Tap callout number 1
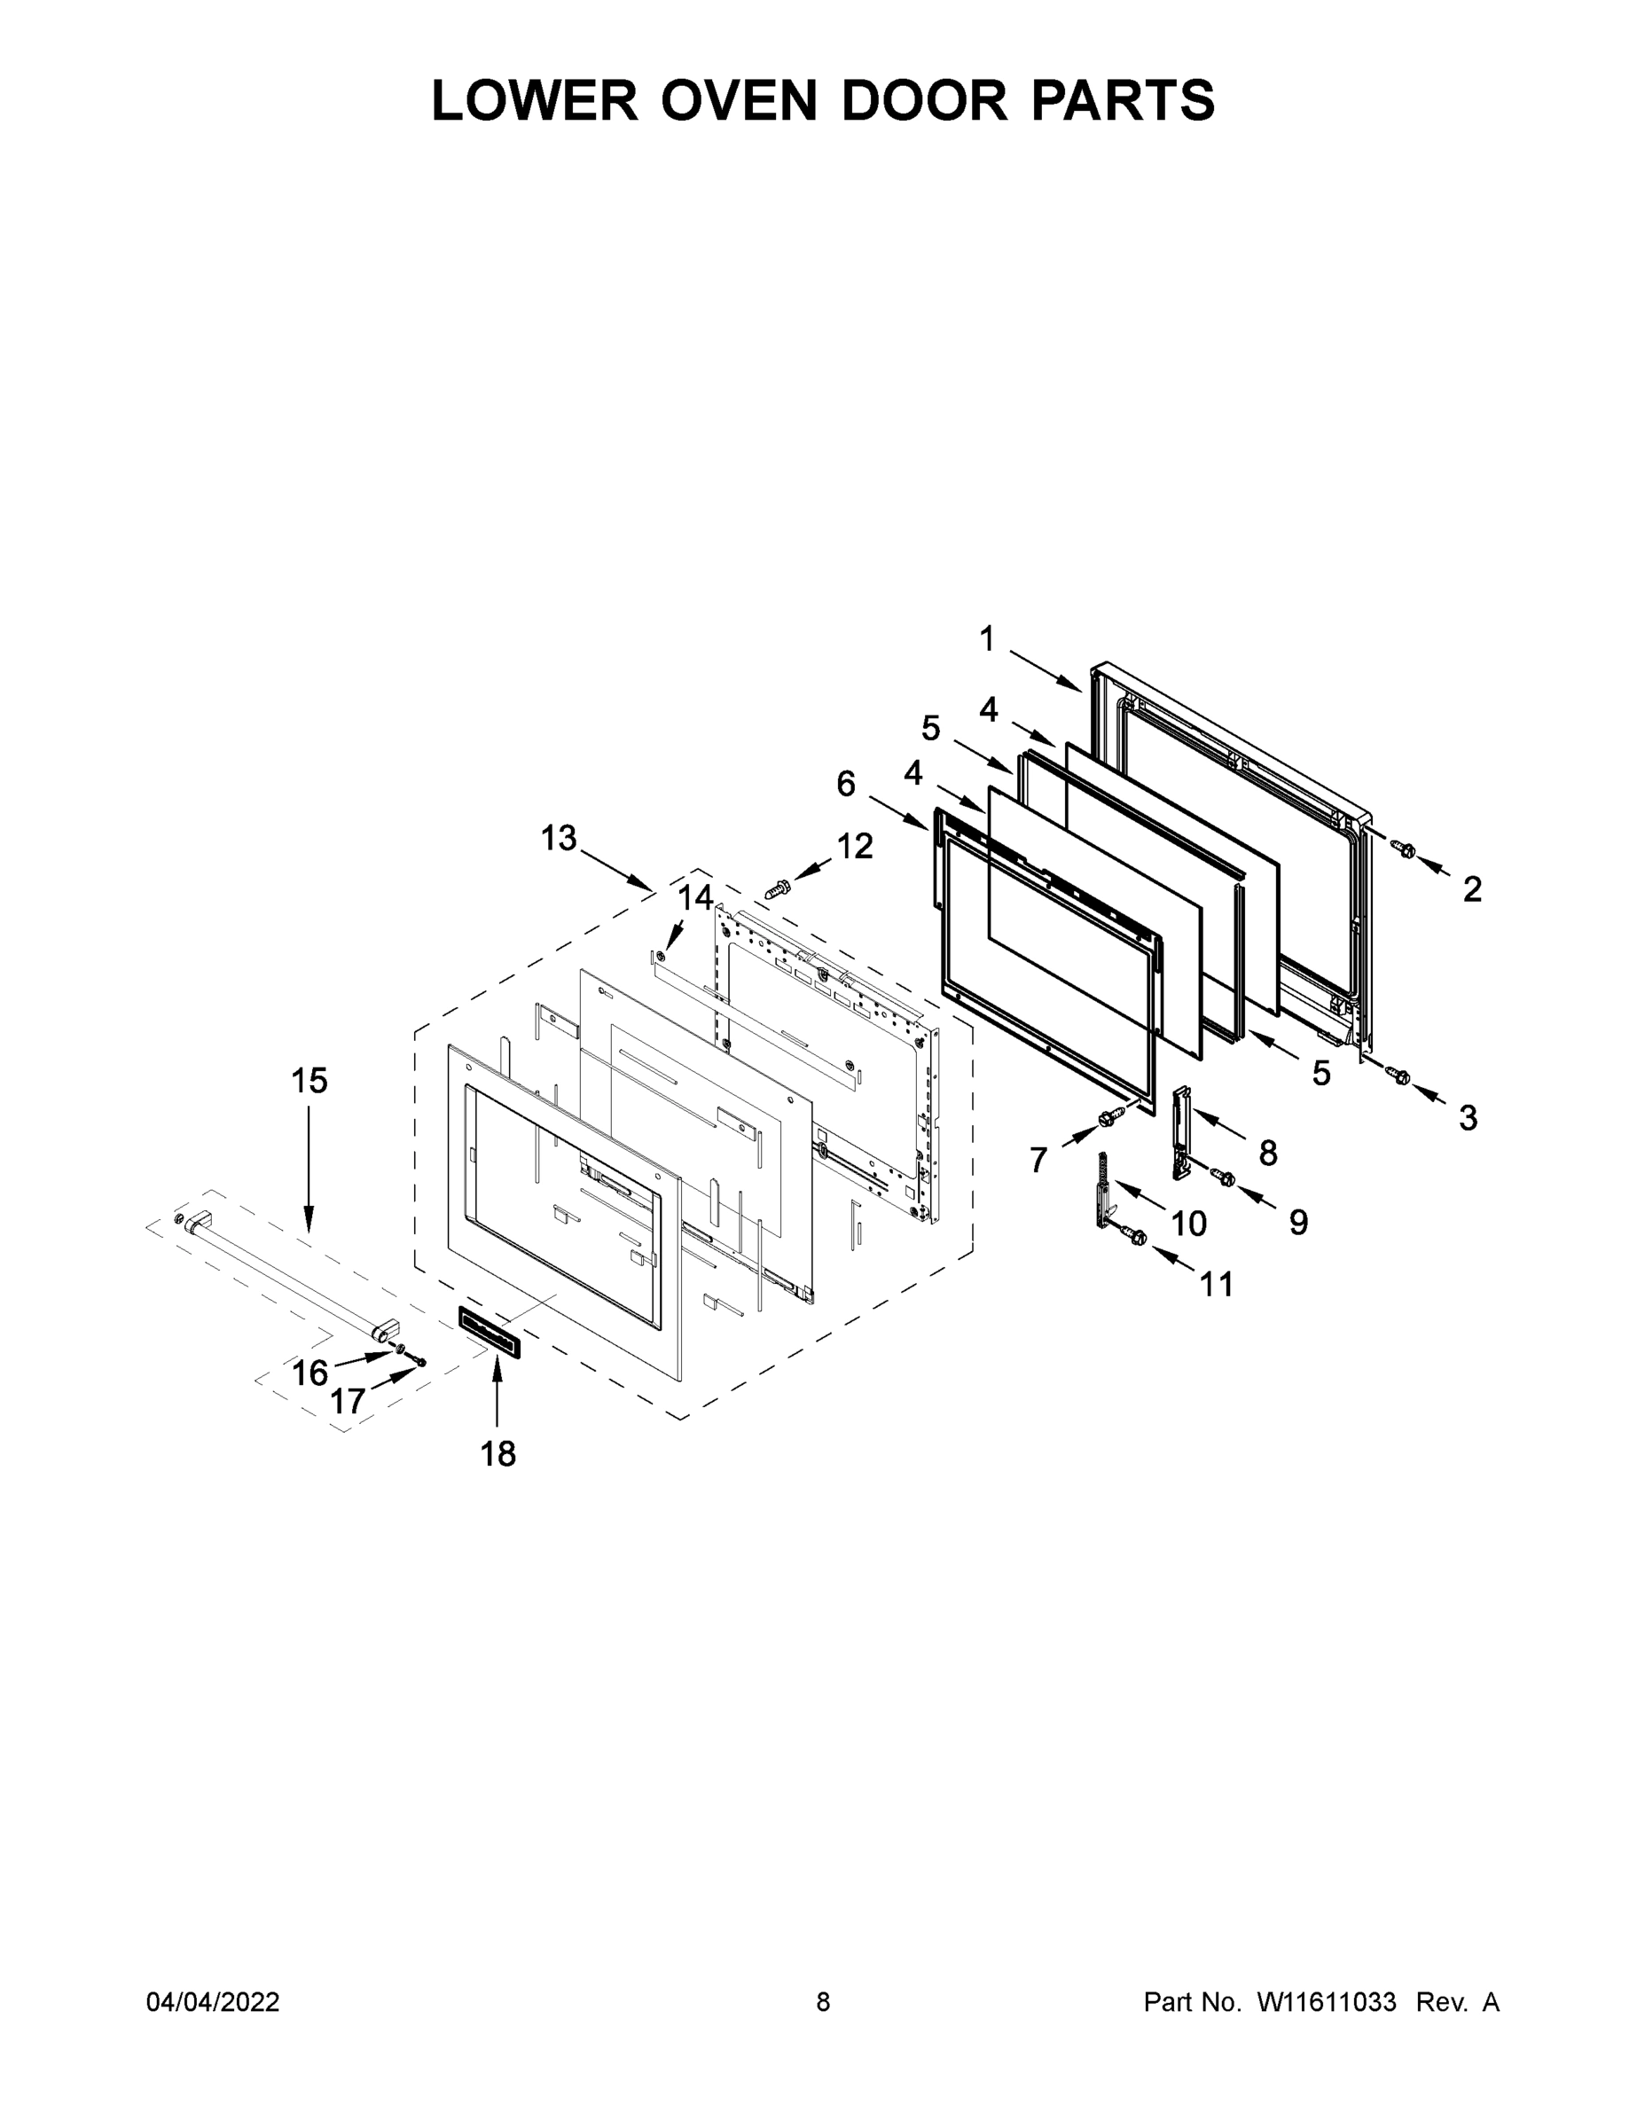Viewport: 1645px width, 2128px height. pyautogui.click(x=987, y=640)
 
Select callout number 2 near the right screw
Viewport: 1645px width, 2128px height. pyautogui.click(x=1471, y=888)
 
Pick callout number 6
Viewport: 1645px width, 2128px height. pyautogui.click(x=846, y=784)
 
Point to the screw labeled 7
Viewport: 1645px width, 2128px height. pyautogui.click(x=1107, y=1120)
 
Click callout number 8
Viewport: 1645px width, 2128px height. pyautogui.click(x=1267, y=1153)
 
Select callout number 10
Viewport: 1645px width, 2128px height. pyautogui.click(x=1188, y=1223)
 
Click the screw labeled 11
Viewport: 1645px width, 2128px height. pyautogui.click(x=1136, y=1237)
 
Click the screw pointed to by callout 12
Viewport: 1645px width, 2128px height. pyautogui.click(x=777, y=888)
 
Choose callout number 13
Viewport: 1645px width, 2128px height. pyautogui.click(x=560, y=838)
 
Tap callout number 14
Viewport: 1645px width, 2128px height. pyautogui.click(x=695, y=897)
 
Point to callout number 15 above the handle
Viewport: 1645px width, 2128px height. pyautogui.click(x=309, y=1081)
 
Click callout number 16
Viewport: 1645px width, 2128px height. pyautogui.click(x=309, y=1373)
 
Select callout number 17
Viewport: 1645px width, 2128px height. pyautogui.click(x=347, y=1401)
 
